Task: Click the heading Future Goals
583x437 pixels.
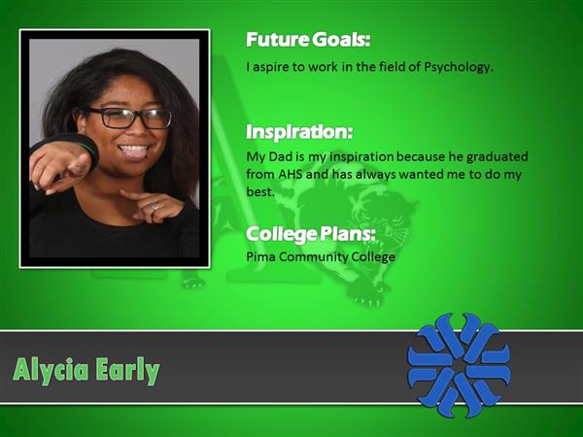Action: (308, 40)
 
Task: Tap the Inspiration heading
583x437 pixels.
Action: (299, 131)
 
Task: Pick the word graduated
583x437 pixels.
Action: (497, 157)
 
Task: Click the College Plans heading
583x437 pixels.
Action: (311, 234)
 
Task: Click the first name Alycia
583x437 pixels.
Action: (51, 371)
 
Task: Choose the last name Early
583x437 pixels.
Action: (127, 371)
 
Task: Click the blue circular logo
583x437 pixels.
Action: (460, 365)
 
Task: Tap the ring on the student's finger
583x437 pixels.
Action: (154, 206)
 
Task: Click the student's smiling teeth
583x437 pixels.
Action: (133, 149)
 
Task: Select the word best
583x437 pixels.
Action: (259, 191)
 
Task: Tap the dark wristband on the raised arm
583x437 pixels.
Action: (82, 147)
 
